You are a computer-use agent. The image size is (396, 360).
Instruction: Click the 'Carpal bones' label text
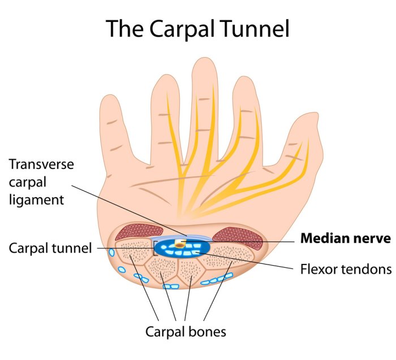186,331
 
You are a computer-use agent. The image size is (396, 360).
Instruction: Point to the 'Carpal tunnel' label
50,248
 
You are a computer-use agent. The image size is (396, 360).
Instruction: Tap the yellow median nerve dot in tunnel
180,244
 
